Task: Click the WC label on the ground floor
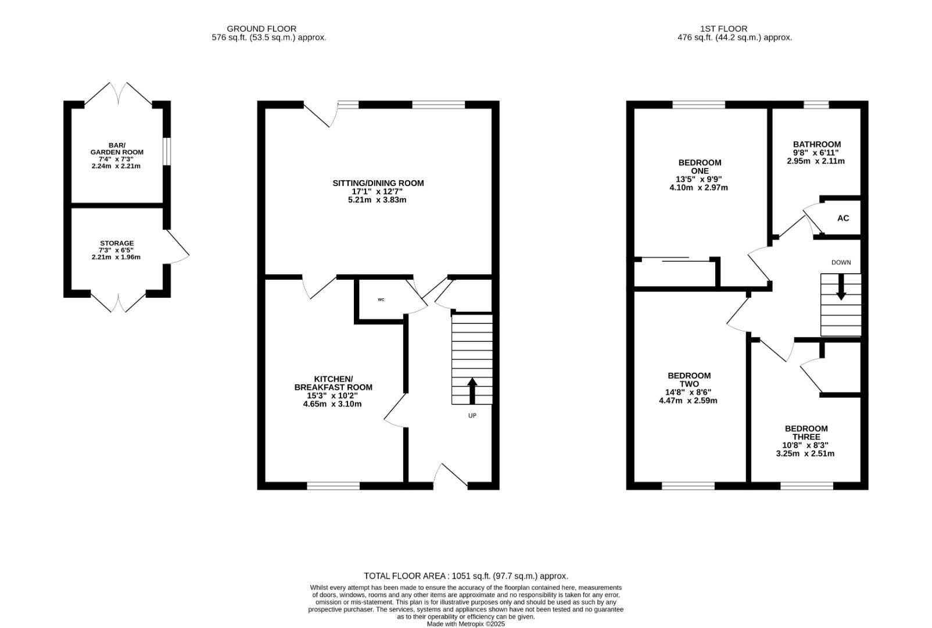pyautogui.click(x=381, y=299)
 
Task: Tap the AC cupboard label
pyautogui.click(x=843, y=218)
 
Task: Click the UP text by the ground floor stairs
pyautogui.click(x=472, y=416)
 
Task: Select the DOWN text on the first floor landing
pyautogui.click(x=841, y=262)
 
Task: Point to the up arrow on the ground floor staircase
pyautogui.click(x=472, y=391)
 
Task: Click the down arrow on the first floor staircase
pyautogui.click(x=841, y=287)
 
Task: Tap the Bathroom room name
pyautogui.click(x=816, y=145)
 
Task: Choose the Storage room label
pyautogui.click(x=116, y=243)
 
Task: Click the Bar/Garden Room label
pyautogui.click(x=116, y=149)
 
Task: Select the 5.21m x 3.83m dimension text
pyautogui.click(x=377, y=200)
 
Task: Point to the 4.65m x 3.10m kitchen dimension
pyautogui.click(x=332, y=404)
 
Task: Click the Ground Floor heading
pyautogui.click(x=261, y=28)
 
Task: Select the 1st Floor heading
pyautogui.click(x=723, y=28)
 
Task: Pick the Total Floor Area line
pyautogui.click(x=466, y=576)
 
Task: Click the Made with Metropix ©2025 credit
pyautogui.click(x=465, y=624)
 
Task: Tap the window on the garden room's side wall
pyautogui.click(x=166, y=151)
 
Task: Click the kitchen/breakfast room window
pyautogui.click(x=334, y=486)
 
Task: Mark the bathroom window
pyautogui.click(x=816, y=105)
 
